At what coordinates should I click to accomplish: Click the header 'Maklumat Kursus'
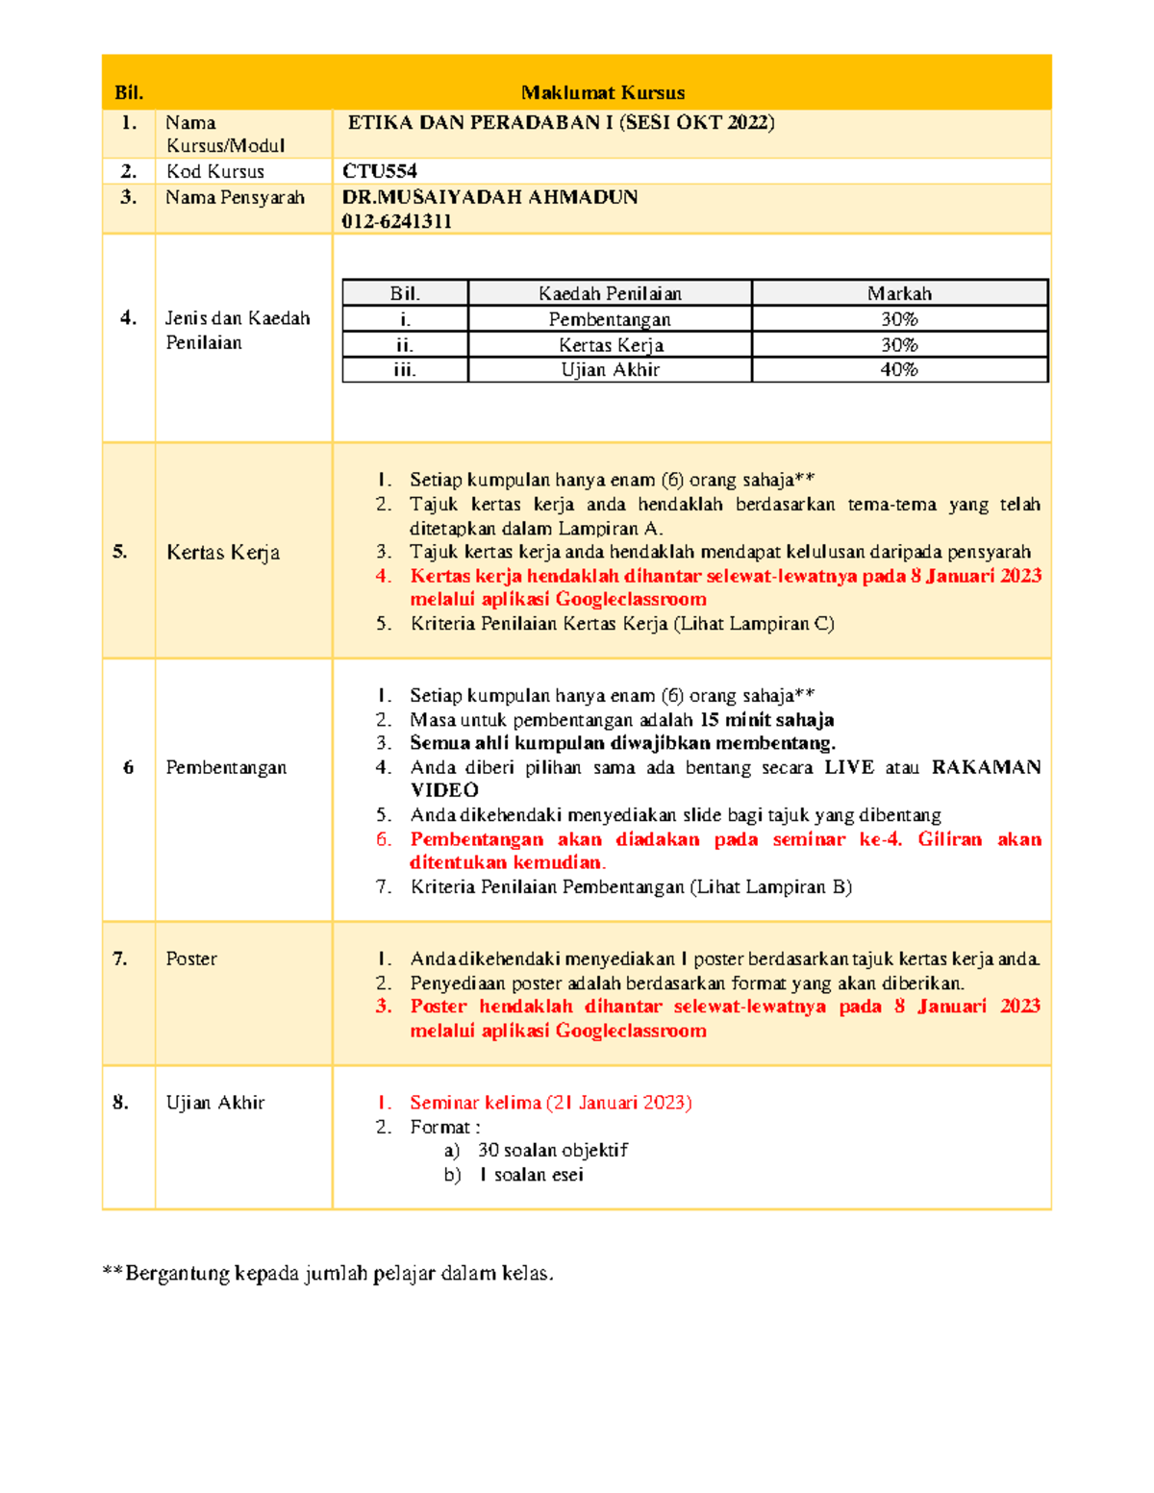point(603,93)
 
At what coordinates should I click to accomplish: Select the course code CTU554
point(380,171)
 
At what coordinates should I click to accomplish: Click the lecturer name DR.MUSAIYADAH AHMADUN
point(489,197)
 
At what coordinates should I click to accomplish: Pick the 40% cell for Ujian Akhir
point(898,370)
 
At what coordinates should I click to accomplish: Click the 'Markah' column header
point(898,293)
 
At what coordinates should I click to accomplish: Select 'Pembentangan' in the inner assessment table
point(610,319)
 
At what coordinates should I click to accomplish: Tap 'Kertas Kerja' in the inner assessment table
point(610,345)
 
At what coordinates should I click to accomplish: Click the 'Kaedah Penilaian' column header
point(610,293)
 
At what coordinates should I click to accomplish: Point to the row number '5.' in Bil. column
point(120,552)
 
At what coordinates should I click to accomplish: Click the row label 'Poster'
point(191,958)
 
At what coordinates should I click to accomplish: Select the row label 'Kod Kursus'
point(214,171)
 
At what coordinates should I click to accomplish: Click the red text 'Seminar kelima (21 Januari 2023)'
point(550,1103)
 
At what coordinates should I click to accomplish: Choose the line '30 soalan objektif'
point(552,1151)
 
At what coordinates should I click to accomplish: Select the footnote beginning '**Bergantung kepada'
point(328,1274)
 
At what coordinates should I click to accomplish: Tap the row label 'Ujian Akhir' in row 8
point(214,1103)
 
